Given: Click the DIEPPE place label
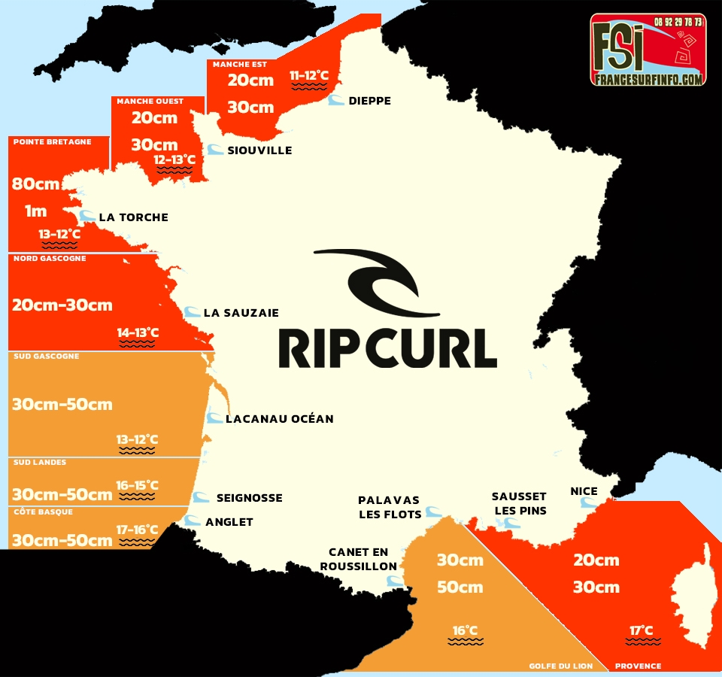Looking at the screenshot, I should coord(369,101).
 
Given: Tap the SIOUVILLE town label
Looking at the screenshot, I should coord(259,150).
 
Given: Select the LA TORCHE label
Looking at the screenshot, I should coord(133,217).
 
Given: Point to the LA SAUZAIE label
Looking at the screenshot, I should coord(241,312).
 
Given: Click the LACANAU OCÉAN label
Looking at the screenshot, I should coord(279,418).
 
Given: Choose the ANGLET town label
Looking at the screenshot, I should coord(229,522).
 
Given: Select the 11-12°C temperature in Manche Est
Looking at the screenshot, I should coord(309,75).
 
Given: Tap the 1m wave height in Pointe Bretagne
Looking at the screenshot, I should coord(35,211).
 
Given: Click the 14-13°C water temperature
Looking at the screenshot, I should coord(137,332).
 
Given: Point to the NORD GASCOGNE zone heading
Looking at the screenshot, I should coord(50,259).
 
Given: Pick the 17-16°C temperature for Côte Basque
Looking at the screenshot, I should coord(137,530).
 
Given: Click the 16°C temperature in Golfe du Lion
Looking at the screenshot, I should coord(465,630).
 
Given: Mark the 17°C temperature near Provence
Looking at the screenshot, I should coord(642,630).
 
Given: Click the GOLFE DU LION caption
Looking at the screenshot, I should coord(561,666).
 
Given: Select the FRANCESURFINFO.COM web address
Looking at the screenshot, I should coord(648,78).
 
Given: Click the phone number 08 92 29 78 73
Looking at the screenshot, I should coord(678,22).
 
